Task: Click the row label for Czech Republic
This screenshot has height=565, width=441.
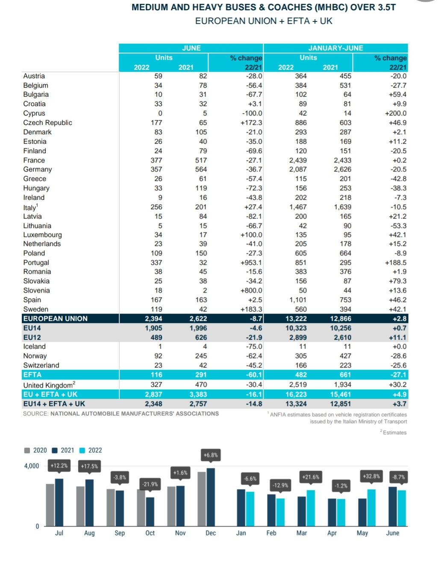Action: coord(47,123)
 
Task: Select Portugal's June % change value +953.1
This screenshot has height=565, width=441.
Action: coord(251,263)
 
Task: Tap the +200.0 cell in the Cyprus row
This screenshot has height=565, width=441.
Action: coord(396,113)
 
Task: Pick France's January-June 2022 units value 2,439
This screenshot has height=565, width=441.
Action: coord(298,160)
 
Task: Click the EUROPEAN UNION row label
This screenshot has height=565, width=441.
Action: coord(55,319)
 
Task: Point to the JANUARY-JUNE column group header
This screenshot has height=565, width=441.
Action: coord(335,48)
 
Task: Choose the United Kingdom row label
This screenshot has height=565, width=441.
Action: coord(49,385)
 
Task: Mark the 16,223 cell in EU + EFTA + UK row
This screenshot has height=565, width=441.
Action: coord(296,394)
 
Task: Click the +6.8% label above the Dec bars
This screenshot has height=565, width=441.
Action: coord(211,455)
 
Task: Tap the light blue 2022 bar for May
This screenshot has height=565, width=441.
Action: coord(371,508)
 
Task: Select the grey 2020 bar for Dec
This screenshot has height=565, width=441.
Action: coord(202,499)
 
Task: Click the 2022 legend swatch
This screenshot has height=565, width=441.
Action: coord(82,450)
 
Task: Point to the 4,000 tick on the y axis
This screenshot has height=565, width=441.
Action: coord(31,466)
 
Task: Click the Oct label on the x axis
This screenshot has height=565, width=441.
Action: coord(150,533)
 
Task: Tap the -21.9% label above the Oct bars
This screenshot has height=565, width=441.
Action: coord(150,484)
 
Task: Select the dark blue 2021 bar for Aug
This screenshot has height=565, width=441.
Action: coord(89,503)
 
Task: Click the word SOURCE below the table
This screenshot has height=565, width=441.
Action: coord(35,414)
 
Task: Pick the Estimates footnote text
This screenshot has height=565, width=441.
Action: coord(394,432)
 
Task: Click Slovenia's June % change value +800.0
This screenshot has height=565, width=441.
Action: coord(251,290)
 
